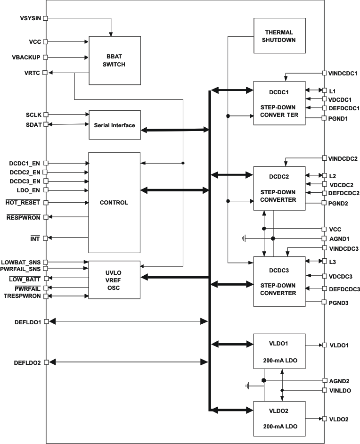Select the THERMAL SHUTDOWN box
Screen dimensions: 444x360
pos(279,36)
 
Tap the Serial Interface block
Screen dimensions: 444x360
pos(115,125)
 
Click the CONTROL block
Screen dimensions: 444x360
pos(115,202)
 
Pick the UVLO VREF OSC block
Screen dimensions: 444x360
pos(115,280)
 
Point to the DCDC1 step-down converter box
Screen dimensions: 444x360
pos(279,103)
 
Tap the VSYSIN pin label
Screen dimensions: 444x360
pos(31,18)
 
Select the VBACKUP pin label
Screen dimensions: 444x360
pos(26,58)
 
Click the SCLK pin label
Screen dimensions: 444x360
pos(33,115)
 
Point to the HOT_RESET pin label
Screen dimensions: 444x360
pos(23,202)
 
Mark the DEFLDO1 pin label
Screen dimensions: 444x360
pos(28,321)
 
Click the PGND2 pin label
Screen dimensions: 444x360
pos(338,203)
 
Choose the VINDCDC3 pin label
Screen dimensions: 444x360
pos(343,248)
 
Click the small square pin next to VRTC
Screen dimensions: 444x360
pos(46,73)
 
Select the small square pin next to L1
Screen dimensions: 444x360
pos(324,90)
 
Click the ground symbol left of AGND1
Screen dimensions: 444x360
pos(244,238)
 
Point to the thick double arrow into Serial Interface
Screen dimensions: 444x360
pos(174,130)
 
